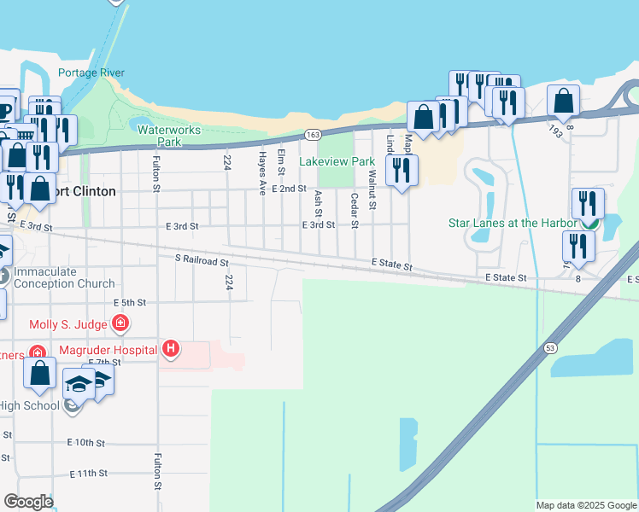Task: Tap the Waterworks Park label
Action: [x=169, y=137]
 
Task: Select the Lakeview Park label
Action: [x=337, y=161]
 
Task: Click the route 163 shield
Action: [x=313, y=135]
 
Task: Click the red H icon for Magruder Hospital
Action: [x=171, y=349]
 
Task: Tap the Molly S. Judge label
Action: [x=68, y=324]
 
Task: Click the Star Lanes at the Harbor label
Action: [x=513, y=224]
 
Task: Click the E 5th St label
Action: [x=130, y=302]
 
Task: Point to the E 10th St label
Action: [x=85, y=443]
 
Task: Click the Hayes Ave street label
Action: [x=262, y=173]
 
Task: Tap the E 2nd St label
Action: [x=289, y=189]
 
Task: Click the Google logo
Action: [x=27, y=502]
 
